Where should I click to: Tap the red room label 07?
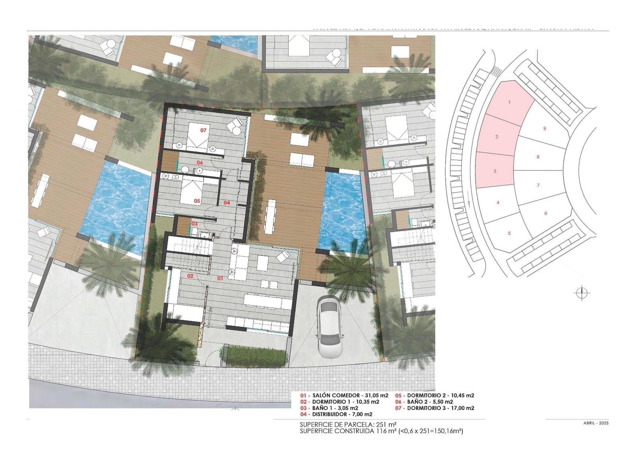click(204, 130)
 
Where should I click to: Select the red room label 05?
click(197, 201)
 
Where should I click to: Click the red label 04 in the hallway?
click(227, 203)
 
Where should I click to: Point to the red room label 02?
click(190, 276)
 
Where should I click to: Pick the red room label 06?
click(200, 163)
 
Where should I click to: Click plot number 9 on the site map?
click(545, 128)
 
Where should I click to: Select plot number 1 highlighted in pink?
click(510, 103)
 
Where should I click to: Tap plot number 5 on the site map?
click(509, 234)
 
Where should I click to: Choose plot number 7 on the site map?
click(538, 186)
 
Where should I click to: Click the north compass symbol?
click(582, 293)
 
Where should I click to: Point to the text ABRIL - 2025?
click(593, 423)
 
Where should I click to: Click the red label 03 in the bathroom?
click(194, 224)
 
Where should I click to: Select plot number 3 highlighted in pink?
click(495, 171)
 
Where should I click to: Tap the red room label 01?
click(220, 279)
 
